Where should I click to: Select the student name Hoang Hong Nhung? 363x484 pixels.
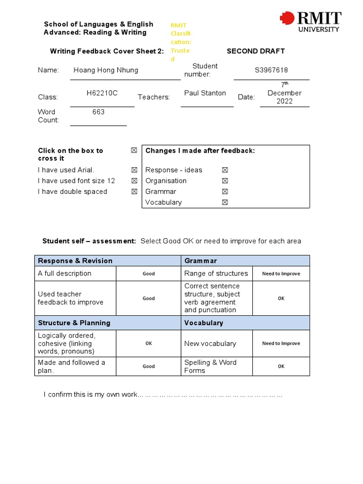(106, 70)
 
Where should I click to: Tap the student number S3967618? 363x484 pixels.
(271, 70)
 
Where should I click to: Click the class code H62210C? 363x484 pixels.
(102, 93)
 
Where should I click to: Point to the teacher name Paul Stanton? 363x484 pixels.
(205, 93)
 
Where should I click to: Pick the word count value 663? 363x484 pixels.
(99, 112)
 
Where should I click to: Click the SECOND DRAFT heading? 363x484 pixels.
(256, 51)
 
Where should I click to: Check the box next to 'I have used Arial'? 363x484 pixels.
(134, 170)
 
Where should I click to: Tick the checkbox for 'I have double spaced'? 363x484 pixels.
(134, 191)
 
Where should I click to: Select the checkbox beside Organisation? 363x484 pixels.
(225, 181)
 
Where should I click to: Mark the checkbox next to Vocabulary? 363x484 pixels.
(225, 202)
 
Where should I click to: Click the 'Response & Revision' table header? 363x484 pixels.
(75, 261)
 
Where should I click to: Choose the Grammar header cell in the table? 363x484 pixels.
(201, 261)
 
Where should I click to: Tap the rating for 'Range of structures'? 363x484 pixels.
(281, 274)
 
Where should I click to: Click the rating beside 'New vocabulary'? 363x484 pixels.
(281, 344)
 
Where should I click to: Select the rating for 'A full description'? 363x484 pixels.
(149, 274)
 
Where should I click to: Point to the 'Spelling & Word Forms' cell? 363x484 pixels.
(210, 366)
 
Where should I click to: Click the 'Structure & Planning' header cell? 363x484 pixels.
(74, 323)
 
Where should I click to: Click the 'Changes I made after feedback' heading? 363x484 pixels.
(200, 151)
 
